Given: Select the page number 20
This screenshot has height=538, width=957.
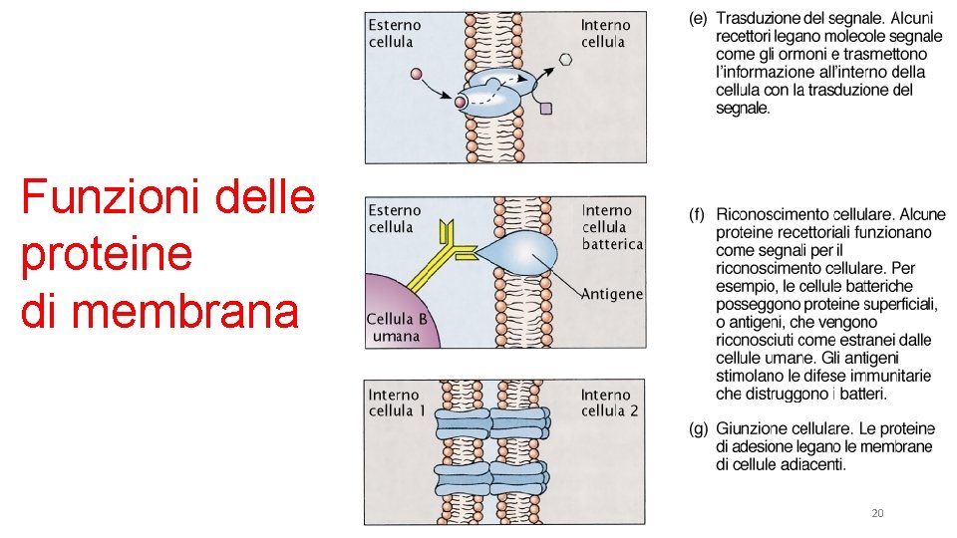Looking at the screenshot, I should coord(877,513).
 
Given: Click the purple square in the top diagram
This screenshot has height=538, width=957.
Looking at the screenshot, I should coord(545,109).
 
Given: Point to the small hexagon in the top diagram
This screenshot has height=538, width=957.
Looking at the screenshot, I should coord(565,59).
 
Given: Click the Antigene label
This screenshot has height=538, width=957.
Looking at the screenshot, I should coord(611,294).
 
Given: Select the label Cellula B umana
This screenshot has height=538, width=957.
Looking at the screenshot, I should coord(397,328).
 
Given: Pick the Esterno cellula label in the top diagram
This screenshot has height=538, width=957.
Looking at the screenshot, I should coord(395,33).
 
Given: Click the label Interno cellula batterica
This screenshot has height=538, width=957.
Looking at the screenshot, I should coord(611,226).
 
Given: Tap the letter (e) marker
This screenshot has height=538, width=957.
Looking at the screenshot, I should coord(698,18).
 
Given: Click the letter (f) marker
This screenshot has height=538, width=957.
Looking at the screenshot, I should coord(698,214).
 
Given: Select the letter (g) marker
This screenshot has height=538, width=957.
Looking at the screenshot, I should coord(698,429).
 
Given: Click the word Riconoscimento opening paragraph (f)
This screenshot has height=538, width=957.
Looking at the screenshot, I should coord(772,214).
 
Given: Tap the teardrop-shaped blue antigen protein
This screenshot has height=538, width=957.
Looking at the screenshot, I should coord(528,250).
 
